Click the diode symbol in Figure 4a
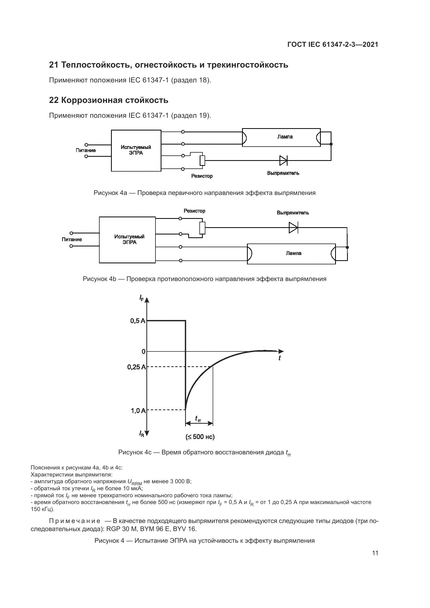click(283, 160)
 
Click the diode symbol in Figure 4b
click(293, 227)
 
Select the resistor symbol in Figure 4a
click(202, 160)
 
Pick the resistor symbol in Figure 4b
click(202, 228)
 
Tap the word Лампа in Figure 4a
click(285, 137)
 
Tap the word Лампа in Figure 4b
click(293, 253)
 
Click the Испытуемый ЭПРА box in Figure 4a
click(136, 151)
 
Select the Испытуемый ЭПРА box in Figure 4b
click(127, 240)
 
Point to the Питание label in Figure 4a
click(86, 151)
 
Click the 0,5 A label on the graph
click(138, 321)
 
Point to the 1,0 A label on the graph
click(138, 411)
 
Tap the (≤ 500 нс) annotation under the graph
click(200, 437)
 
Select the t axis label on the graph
click(280, 358)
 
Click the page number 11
click(375, 553)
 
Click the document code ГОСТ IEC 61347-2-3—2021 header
click(333, 44)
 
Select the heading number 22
click(54, 100)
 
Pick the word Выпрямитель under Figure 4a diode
click(283, 173)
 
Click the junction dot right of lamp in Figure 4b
click(347, 247)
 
